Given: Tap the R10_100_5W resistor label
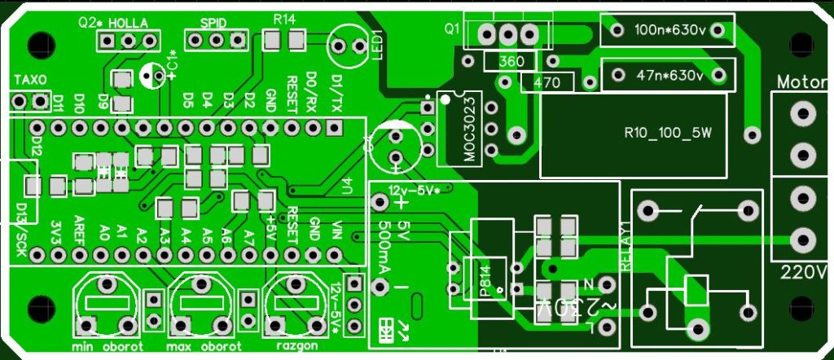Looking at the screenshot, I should coord(667,134).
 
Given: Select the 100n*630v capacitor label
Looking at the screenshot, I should coord(668,31).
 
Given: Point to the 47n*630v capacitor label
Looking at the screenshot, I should coord(669,76).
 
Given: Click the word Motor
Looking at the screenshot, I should coord(802,82).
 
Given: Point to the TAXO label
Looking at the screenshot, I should coord(31,80).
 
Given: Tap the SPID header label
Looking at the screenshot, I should coord(214,22).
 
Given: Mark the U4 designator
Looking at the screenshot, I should coord(348,185).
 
